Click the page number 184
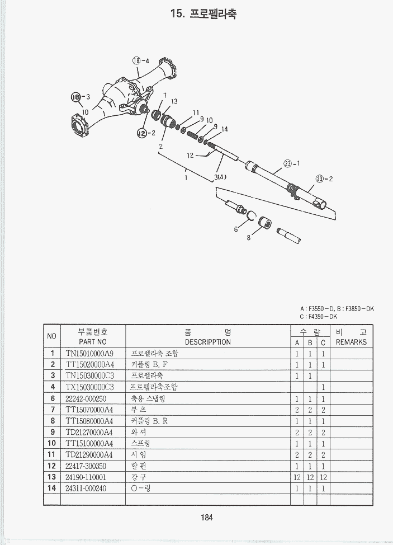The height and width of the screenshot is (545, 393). tap(207, 518)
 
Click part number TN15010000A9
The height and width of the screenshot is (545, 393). tap(89, 354)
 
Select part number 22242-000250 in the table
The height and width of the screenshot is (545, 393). tap(86, 398)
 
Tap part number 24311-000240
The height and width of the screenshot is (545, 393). tap(86, 488)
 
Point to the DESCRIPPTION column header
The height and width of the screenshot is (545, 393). tap(207, 342)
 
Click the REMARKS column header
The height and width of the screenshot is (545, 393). tap(351, 342)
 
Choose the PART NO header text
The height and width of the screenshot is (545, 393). tap(93, 342)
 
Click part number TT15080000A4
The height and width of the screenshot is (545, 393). tap(89, 421)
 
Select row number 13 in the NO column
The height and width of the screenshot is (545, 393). tap(52, 477)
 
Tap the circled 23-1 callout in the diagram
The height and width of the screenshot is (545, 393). tap(292, 163)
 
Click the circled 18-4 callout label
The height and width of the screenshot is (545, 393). tap(140, 60)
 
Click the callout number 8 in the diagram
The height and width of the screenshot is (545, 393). tap(249, 238)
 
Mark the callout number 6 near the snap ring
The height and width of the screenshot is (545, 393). tap(236, 229)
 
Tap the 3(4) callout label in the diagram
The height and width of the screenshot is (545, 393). tap(220, 177)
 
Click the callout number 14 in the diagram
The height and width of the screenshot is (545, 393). tap(225, 129)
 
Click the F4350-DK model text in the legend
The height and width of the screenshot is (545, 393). tap(323, 317)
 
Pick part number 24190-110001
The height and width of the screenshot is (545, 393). tap(86, 477)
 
